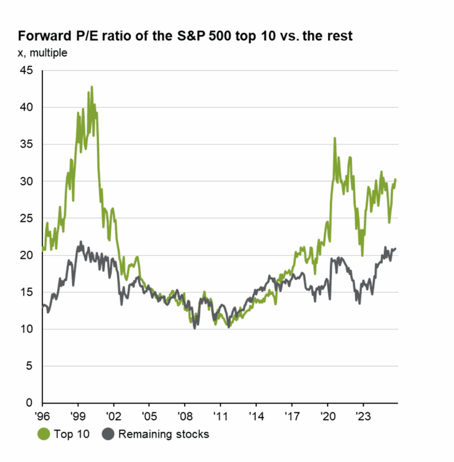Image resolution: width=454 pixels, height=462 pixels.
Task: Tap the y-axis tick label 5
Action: coord(29,366)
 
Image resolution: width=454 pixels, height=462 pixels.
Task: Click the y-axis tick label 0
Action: coord(29,403)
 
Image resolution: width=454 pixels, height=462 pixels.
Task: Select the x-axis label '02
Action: coord(113,416)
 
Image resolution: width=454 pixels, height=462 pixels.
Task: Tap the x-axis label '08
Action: coord(185,416)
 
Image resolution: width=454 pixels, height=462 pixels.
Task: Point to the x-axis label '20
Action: coord(327,416)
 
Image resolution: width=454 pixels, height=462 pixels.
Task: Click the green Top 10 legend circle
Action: coord(44,434)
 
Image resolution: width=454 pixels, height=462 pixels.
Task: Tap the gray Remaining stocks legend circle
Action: coord(108,434)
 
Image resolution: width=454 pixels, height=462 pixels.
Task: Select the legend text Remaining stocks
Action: coord(163,434)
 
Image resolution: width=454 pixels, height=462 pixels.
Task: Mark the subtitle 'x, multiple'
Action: coord(42,53)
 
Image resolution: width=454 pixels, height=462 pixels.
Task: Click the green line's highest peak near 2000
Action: coord(92,87)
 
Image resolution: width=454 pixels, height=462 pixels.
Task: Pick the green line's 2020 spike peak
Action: coord(334,138)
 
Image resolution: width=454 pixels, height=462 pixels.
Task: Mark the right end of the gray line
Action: coord(395,249)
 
